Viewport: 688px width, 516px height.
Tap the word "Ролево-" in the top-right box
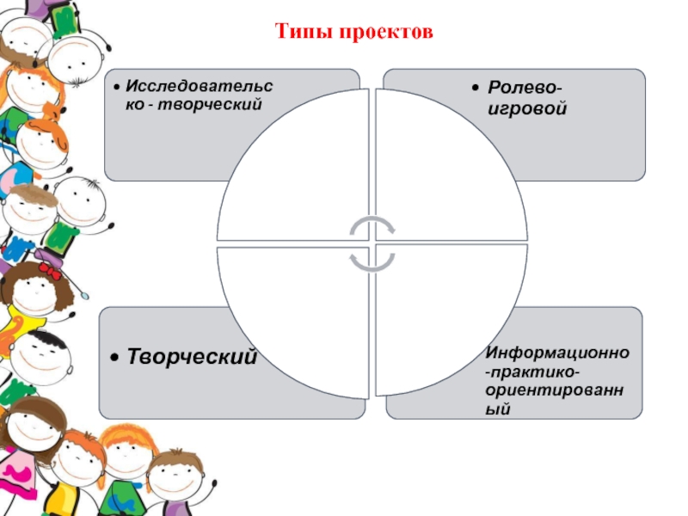point(527,89)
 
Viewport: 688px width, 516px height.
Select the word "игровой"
point(527,109)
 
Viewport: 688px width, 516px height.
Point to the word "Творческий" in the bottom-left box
point(193,355)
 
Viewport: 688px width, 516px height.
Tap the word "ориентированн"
point(562,390)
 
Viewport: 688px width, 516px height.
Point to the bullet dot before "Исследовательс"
point(116,88)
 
